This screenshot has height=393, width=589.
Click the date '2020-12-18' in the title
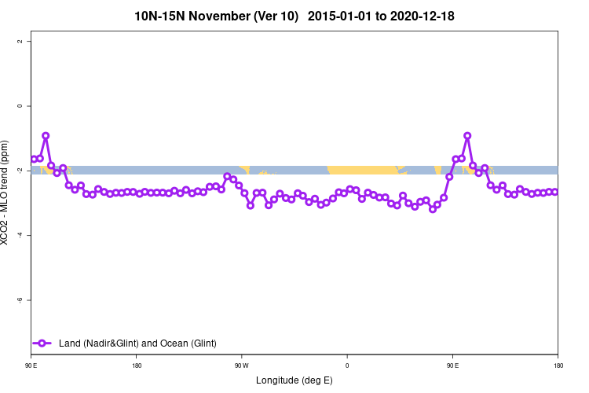click(423, 16)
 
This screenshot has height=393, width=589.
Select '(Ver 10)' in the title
click(276, 16)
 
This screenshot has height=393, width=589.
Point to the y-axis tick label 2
click(20, 41)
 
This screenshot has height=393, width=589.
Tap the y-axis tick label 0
click(20, 105)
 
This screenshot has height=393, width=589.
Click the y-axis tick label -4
click(20, 235)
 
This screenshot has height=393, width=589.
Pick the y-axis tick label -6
click(20, 299)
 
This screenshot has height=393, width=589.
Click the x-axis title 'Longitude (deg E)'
click(294, 380)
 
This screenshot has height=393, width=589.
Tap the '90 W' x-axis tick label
click(241, 365)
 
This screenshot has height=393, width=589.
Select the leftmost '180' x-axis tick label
click(136, 365)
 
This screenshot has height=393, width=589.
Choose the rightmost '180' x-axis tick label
click(558, 365)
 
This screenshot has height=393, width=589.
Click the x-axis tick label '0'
click(346, 365)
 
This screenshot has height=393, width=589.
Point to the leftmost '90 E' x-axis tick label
click(31, 365)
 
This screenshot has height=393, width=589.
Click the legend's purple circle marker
click(43, 343)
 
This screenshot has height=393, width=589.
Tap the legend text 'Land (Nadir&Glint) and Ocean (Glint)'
click(137, 343)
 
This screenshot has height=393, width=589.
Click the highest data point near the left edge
click(46, 136)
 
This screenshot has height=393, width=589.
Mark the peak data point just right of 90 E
click(467, 135)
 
